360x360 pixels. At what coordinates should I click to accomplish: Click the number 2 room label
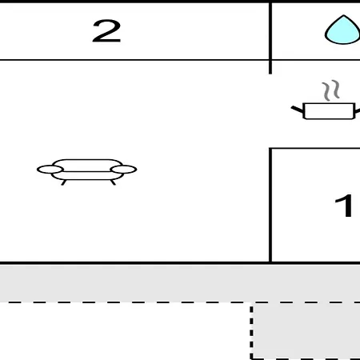click(x=106, y=31)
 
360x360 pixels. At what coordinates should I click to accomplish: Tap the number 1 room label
click(x=345, y=206)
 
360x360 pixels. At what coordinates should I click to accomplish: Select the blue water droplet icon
click(x=342, y=30)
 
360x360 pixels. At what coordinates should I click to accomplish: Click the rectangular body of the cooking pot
click(x=330, y=111)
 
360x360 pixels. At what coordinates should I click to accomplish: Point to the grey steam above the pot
click(x=330, y=90)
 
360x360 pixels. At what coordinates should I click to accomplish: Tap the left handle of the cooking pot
click(x=297, y=110)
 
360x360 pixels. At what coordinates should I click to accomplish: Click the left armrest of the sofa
click(x=50, y=170)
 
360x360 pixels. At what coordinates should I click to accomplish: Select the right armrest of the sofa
click(x=123, y=170)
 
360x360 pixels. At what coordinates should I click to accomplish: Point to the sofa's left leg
click(x=64, y=182)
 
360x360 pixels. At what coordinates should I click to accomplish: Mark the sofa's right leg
click(x=113, y=182)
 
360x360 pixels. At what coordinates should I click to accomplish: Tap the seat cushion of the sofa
click(x=87, y=175)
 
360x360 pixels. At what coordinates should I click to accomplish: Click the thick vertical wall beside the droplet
click(x=270, y=38)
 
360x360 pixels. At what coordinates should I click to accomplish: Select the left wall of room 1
click(x=270, y=205)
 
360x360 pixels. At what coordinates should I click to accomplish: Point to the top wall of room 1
click(x=314, y=148)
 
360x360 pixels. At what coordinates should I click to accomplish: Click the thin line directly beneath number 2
click(x=134, y=60)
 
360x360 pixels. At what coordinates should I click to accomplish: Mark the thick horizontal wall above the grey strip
click(x=180, y=263)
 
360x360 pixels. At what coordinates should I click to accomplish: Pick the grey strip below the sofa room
click(x=180, y=283)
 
